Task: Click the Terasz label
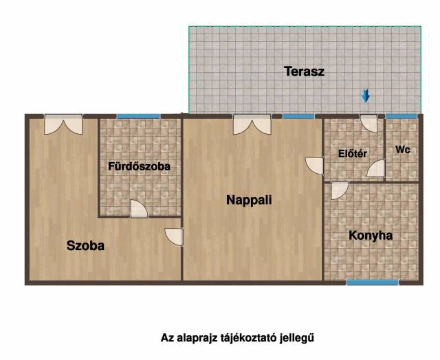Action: click(305, 71)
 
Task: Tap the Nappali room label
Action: click(249, 200)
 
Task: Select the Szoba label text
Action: click(85, 245)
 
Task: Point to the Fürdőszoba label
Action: click(139, 166)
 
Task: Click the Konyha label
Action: click(371, 236)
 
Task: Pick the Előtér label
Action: click(353, 153)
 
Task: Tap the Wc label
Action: click(403, 150)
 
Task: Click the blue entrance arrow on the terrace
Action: click(365, 95)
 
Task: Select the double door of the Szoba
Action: click(63, 124)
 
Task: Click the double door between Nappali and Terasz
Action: click(252, 124)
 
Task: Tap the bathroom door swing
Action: click(139, 209)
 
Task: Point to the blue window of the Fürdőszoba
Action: click(139, 116)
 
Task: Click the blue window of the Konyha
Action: click(373, 282)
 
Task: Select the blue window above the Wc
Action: click(401, 116)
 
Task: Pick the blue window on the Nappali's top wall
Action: click(298, 116)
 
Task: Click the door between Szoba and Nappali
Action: click(174, 237)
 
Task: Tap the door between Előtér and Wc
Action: click(376, 168)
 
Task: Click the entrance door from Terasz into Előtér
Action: click(369, 124)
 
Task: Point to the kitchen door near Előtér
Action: click(340, 191)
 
